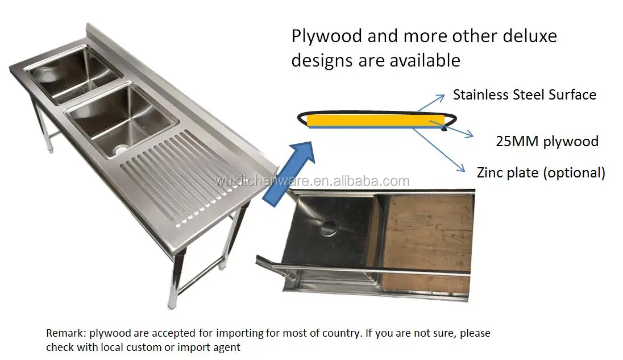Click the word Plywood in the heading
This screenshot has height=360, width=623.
point(326,36)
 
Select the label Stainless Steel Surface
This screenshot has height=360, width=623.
point(524,94)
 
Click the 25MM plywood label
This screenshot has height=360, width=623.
point(547,141)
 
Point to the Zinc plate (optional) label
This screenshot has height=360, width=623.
point(541,172)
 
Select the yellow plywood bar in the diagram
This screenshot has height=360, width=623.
point(375,121)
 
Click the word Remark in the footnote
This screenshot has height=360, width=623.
point(64,333)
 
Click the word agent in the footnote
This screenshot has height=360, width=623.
point(227,347)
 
